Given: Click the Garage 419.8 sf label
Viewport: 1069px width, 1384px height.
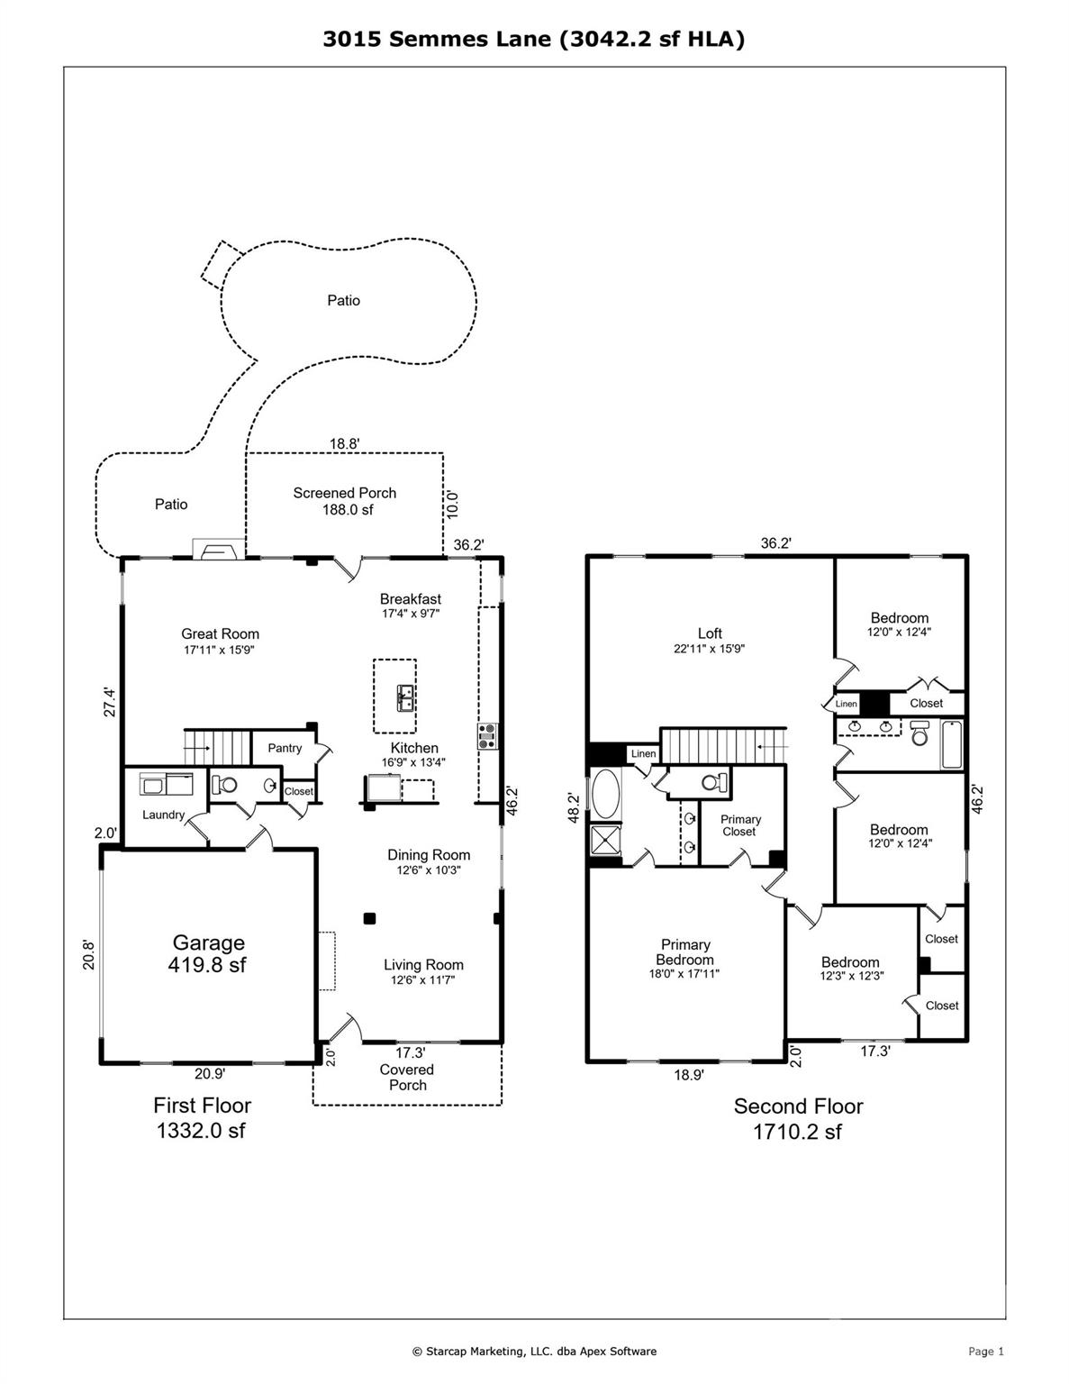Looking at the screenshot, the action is point(207,953).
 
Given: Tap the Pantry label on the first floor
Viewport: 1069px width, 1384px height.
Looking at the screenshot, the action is point(285,748).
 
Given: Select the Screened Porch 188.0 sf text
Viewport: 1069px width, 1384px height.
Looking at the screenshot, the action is point(345,501).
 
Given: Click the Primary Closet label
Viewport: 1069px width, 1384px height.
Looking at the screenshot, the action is point(740,825).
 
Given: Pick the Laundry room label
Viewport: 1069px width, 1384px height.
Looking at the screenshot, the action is point(164,815).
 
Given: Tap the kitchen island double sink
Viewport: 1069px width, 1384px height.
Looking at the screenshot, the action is point(405,698).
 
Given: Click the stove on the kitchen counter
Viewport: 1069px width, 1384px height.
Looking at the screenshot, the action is point(488,736).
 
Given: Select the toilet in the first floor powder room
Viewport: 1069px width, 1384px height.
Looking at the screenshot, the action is point(224,785).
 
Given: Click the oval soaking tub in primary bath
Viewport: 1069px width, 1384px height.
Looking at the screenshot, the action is point(605,794).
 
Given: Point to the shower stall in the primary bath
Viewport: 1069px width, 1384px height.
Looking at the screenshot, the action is point(605,841).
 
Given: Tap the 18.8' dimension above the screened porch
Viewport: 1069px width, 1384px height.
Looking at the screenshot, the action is point(345,444).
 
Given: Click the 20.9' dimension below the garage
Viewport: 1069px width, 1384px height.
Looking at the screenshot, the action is point(210,1074).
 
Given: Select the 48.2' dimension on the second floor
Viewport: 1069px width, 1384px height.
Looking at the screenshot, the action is point(575,807).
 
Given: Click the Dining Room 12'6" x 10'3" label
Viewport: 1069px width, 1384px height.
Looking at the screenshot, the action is point(429,861).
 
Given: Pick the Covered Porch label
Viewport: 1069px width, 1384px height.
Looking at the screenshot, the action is point(407,1078).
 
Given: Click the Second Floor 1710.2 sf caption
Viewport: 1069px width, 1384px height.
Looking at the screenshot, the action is point(798,1120).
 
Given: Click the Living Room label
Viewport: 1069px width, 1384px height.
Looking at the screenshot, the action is point(424,965).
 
